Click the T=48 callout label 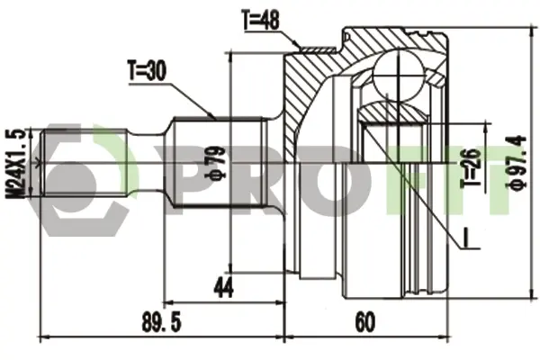coord(261,20)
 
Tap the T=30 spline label coord(147,70)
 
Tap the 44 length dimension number coord(223,288)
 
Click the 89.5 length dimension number coord(161,322)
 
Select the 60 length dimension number coord(364,322)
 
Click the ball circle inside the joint coord(398,76)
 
